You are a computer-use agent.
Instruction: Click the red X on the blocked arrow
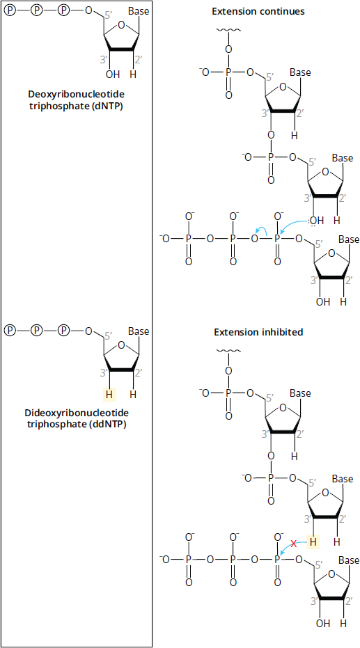[x=294, y=544]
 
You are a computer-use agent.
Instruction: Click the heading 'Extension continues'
[x=258, y=11]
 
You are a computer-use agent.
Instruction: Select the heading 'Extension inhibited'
[x=258, y=332]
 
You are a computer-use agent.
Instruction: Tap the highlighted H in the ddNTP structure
[x=109, y=395]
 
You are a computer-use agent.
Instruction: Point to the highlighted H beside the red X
[x=313, y=542]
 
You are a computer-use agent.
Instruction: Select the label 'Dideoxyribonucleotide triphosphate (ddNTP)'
[x=77, y=418]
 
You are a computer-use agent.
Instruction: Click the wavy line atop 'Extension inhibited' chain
[x=227, y=351]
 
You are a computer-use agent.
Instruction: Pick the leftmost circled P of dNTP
[x=10, y=10]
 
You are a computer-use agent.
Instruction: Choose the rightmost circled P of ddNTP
[x=63, y=330]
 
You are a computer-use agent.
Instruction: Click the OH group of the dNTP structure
[x=113, y=74]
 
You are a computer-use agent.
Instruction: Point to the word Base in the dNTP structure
[x=139, y=12]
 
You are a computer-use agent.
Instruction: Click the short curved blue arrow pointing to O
[x=261, y=231]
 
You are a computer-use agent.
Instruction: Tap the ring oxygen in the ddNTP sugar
[x=120, y=345]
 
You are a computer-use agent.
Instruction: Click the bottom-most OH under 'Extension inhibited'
[x=323, y=623]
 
